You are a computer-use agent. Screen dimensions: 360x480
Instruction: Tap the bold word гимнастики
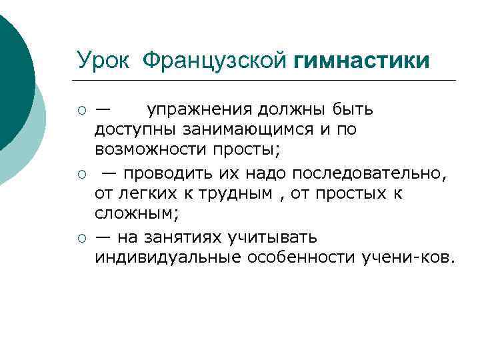coord(361,61)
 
